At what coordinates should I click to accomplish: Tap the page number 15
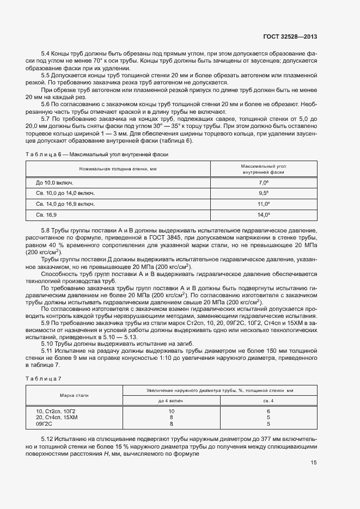tap(313, 463)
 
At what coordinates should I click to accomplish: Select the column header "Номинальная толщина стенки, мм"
tap(118, 169)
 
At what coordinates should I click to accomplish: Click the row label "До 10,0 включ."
tap(54, 183)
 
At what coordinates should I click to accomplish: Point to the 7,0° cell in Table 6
tap(264, 183)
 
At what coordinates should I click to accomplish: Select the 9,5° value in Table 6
tap(264, 193)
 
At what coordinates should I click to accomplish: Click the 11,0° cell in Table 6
tap(264, 204)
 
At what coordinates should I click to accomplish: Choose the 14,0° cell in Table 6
tap(264, 215)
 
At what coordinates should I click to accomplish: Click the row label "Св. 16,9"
tap(47, 215)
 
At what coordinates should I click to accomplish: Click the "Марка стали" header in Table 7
tap(75, 395)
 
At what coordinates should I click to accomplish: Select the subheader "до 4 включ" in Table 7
tap(171, 400)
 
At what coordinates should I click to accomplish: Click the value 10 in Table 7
tap(171, 411)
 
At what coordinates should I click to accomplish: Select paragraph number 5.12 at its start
tap(48, 439)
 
